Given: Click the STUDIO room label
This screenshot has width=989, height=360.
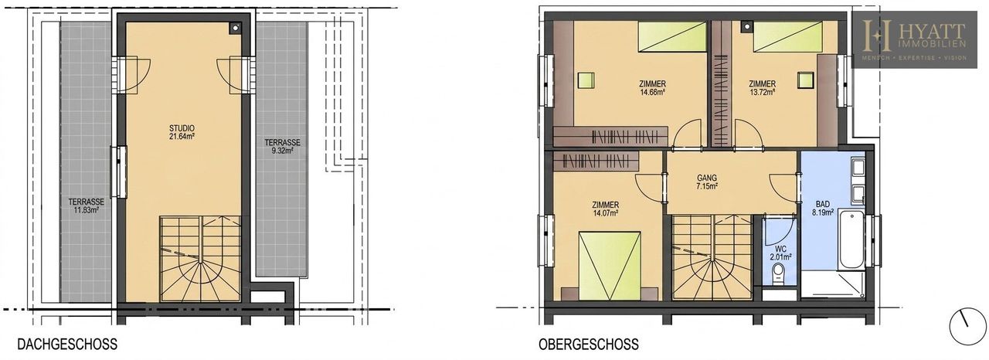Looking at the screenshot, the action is [x=182, y=128].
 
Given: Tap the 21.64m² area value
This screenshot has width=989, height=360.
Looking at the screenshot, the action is [x=182, y=136].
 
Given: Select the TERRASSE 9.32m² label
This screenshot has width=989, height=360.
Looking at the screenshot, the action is [x=282, y=147].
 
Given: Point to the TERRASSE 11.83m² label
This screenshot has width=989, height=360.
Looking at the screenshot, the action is [x=86, y=206].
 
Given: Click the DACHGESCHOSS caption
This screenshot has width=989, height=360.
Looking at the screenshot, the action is [x=67, y=344].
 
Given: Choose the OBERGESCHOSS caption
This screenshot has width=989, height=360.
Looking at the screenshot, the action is [x=589, y=344].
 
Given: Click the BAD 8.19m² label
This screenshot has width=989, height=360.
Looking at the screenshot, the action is [x=823, y=209].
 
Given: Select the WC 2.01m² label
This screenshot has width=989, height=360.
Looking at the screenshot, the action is [x=780, y=253].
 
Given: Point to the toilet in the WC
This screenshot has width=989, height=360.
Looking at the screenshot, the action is [x=778, y=273].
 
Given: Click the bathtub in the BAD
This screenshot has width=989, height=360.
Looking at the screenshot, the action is [x=851, y=240].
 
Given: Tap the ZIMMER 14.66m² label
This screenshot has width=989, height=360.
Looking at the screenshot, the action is [x=653, y=88].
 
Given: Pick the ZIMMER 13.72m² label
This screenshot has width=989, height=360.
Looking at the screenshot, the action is [x=762, y=88].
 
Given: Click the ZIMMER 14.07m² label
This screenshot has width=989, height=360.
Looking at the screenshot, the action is [x=605, y=209].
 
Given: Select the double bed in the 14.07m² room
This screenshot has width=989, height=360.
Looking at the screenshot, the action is [x=610, y=267].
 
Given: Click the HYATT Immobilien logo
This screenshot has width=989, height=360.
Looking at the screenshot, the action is [x=914, y=39].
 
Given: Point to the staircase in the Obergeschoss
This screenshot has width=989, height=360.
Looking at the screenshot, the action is [x=712, y=258].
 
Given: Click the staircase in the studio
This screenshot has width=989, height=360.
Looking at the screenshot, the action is [x=200, y=259].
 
